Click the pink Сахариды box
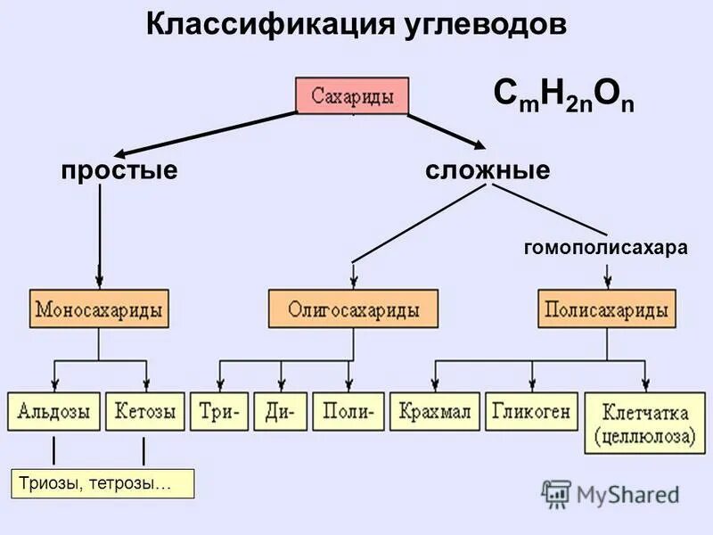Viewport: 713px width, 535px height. pyautogui.click(x=352, y=95)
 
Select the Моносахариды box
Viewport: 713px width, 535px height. pyautogui.click(x=99, y=310)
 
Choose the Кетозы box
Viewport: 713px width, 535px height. pyautogui.click(x=145, y=413)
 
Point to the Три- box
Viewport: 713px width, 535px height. pyautogui.click(x=218, y=413)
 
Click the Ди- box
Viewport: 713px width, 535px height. pyautogui.click(x=280, y=413)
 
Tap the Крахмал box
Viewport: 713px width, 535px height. pyautogui.click(x=434, y=412)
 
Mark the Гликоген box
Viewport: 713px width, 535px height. pyautogui.click(x=531, y=412)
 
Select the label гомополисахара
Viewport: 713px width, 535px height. pyautogui.click(x=606, y=248)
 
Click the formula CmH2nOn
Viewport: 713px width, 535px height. pyautogui.click(x=563, y=95)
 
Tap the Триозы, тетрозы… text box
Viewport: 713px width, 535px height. pyautogui.click(x=101, y=483)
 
